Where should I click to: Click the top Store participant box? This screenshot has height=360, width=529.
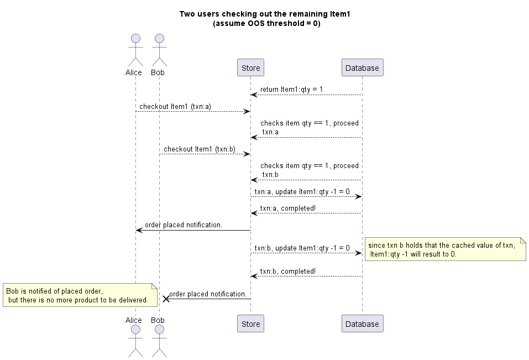[250, 68]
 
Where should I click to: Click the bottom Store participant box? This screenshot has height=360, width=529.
[250, 324]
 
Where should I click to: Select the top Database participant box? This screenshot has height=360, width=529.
[362, 68]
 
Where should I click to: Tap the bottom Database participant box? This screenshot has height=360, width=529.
[362, 324]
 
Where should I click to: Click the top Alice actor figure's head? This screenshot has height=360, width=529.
[135, 39]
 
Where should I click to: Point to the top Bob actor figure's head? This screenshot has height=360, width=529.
[159, 39]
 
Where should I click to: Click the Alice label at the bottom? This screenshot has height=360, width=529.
[134, 320]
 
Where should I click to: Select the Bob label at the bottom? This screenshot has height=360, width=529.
[158, 320]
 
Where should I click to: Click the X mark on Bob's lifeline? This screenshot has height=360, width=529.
[165, 299]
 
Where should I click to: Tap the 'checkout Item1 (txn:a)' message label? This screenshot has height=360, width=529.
[175, 106]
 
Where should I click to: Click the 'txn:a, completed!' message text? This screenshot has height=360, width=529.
[289, 208]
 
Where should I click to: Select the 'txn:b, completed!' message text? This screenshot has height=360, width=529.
[289, 272]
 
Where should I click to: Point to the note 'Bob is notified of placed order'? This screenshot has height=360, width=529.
[77, 295]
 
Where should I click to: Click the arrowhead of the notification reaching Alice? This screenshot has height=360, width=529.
[139, 230]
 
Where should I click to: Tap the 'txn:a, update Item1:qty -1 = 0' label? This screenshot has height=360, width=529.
[302, 191]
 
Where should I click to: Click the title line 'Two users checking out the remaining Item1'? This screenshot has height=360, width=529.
[265, 14]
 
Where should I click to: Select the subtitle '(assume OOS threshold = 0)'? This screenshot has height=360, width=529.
[266, 23]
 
